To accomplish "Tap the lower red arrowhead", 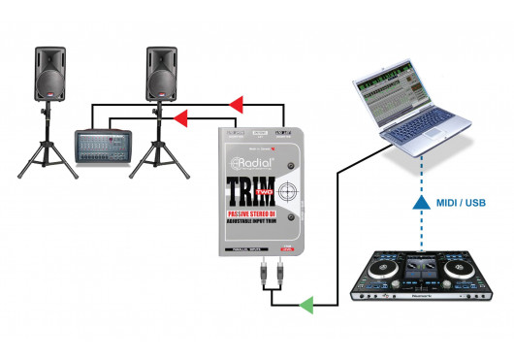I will [x=179, y=118].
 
